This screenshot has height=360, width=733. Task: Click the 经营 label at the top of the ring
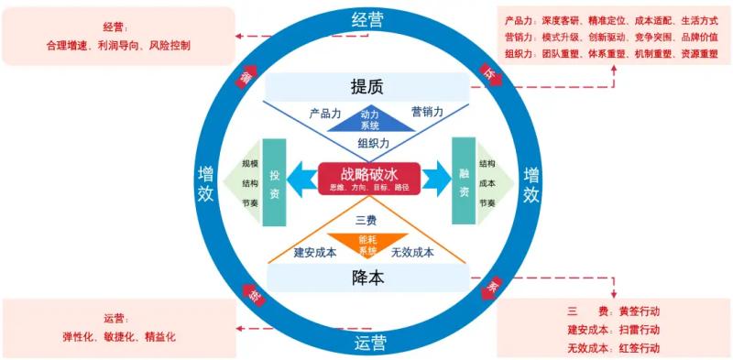[367, 20]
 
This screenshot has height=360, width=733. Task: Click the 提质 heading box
[366, 87]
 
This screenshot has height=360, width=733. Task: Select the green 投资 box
[275, 181]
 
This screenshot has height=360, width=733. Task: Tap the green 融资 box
[464, 181]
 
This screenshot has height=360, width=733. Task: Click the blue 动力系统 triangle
[369, 119]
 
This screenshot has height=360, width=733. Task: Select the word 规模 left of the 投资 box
[250, 164]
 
